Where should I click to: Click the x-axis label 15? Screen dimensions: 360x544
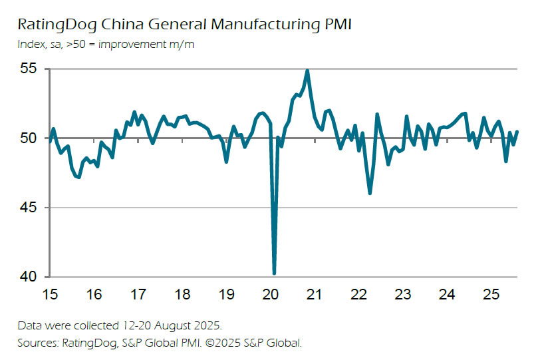point(51,294)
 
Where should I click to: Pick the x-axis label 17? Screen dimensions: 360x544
point(138,294)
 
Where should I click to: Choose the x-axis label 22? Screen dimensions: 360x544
point(358,294)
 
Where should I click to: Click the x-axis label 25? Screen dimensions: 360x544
point(491,294)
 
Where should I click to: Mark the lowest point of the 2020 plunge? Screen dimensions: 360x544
point(274,273)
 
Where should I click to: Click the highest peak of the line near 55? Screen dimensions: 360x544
point(307,71)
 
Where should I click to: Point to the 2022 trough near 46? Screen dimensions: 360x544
point(370,193)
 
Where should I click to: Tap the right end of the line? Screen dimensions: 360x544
point(517,131)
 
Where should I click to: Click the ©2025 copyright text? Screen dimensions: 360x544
point(233,343)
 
